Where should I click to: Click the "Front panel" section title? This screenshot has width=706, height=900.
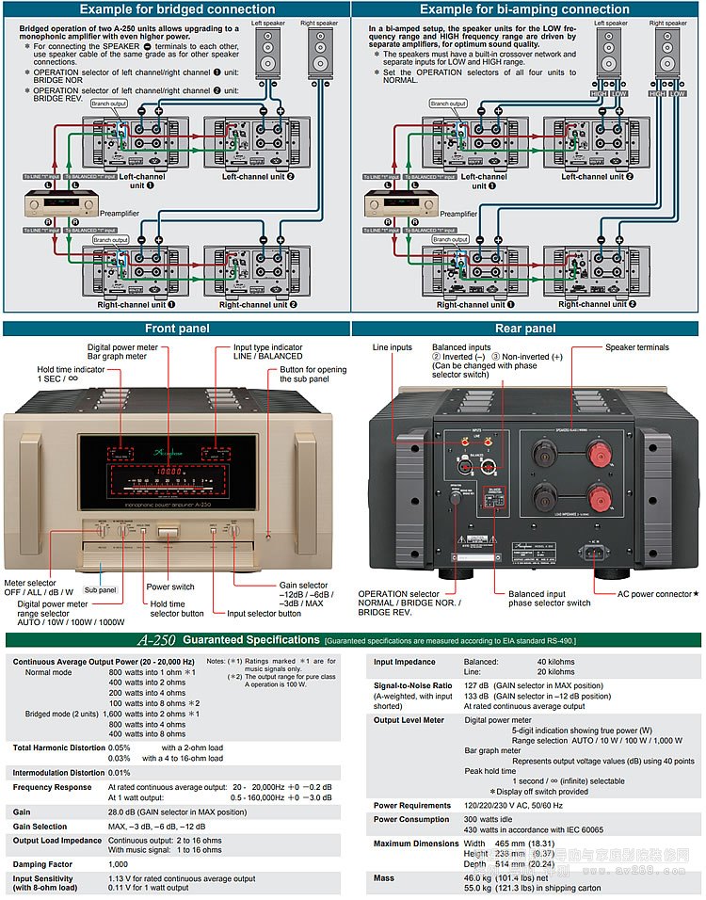176,329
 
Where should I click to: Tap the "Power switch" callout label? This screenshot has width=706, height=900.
169,587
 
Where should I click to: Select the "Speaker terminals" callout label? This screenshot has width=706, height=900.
637,347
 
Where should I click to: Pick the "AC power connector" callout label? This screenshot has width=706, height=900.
655,594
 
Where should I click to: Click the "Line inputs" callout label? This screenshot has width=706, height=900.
393,347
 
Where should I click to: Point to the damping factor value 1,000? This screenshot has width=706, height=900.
118,863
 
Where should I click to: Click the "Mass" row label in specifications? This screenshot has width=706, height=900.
384,877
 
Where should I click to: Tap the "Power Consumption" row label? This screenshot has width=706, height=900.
411,819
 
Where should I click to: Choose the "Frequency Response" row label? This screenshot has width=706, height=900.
53,786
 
